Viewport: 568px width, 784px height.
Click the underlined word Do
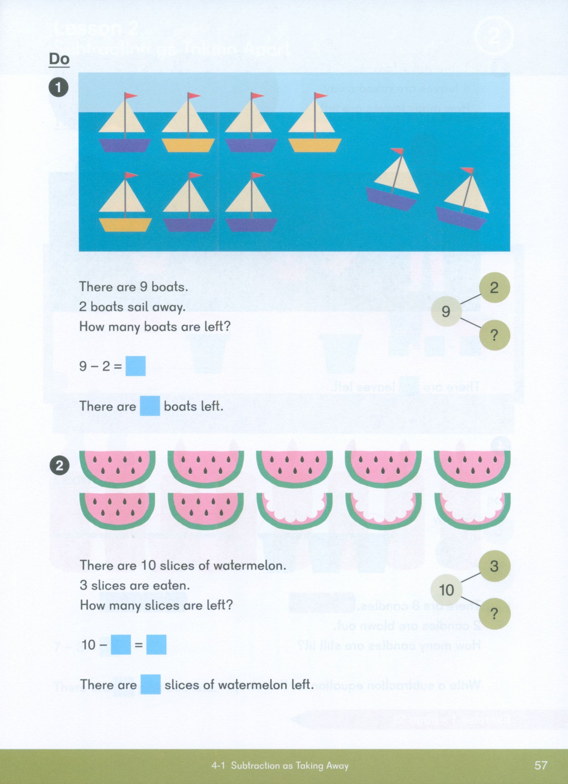coord(59,59)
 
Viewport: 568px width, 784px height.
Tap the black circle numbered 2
coord(59,466)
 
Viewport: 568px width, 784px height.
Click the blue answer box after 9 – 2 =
coord(135,366)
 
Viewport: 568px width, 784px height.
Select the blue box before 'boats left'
coord(150,406)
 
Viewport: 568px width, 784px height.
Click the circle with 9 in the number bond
coord(446,312)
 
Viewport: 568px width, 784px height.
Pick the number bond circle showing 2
coord(494,288)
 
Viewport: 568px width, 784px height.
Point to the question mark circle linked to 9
coord(494,335)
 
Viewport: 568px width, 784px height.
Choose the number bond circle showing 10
coord(446,590)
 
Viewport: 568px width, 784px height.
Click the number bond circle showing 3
coord(494,566)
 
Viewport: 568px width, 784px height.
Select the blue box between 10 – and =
coord(121,645)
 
